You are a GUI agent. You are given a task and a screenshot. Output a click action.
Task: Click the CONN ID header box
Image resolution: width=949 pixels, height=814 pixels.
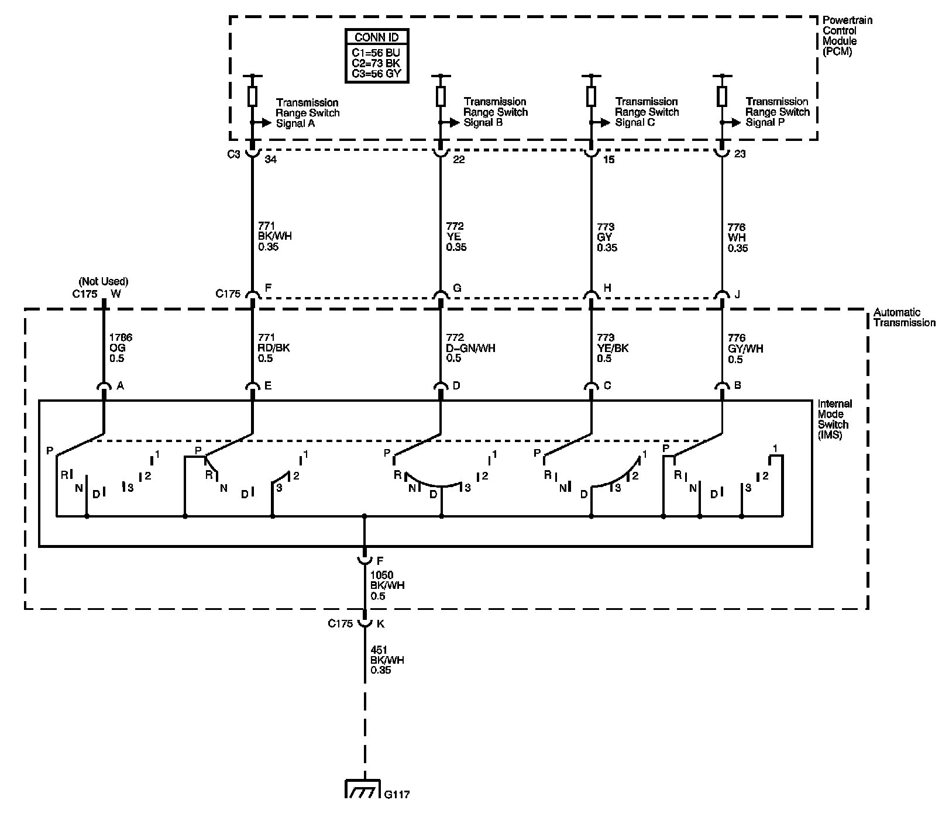[x=377, y=37]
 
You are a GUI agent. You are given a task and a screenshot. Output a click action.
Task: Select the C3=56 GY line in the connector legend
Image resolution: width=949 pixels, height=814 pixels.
[x=376, y=74]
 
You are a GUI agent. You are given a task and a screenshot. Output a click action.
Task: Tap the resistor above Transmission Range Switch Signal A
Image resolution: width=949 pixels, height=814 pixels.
[x=253, y=96]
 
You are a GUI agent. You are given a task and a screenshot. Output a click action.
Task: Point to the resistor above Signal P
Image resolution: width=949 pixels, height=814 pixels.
[x=722, y=95]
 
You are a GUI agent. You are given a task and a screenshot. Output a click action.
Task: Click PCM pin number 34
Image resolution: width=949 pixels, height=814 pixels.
[x=270, y=160]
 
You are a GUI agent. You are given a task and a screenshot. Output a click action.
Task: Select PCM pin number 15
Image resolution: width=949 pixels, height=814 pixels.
[x=609, y=160]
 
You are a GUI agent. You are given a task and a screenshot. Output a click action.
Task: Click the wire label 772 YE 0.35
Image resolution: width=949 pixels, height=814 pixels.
[x=456, y=236]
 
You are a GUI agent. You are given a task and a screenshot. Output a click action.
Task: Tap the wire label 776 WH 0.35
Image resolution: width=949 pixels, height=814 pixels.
[x=738, y=237]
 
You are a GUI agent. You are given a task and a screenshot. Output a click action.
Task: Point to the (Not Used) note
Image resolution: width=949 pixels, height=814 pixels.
[x=104, y=281]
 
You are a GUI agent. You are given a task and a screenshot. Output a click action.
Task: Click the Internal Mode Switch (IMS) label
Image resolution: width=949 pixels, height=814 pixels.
[x=835, y=419]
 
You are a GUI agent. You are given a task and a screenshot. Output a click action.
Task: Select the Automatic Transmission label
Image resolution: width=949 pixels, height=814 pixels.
[x=904, y=318]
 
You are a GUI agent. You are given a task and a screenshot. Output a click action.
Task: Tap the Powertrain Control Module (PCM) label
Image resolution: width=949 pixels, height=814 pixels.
[x=847, y=36]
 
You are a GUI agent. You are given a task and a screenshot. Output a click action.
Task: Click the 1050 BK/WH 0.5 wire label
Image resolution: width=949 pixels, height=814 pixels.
[x=387, y=586]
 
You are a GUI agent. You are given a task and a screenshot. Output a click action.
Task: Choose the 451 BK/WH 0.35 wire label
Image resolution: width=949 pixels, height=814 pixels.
[x=387, y=660]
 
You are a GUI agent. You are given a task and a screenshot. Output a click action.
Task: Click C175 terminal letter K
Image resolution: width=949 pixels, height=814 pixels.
[x=380, y=623]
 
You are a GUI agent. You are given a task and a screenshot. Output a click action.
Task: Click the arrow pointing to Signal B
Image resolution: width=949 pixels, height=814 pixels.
[x=449, y=123]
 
